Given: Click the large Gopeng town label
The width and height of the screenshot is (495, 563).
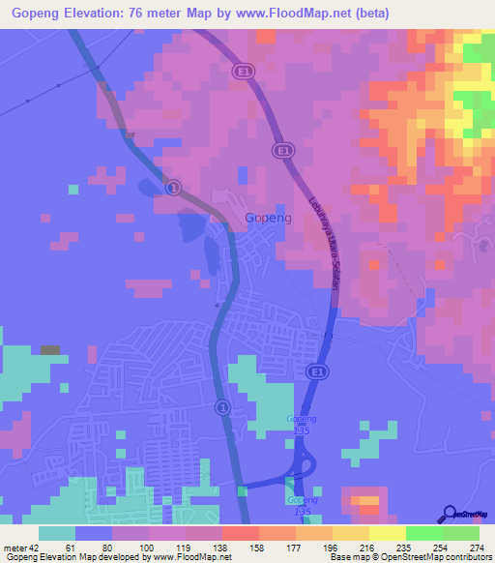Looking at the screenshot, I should (x=270, y=218).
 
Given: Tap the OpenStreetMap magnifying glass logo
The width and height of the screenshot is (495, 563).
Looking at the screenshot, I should (x=450, y=513).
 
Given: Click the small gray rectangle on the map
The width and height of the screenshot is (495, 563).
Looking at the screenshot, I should (x=50, y=349).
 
